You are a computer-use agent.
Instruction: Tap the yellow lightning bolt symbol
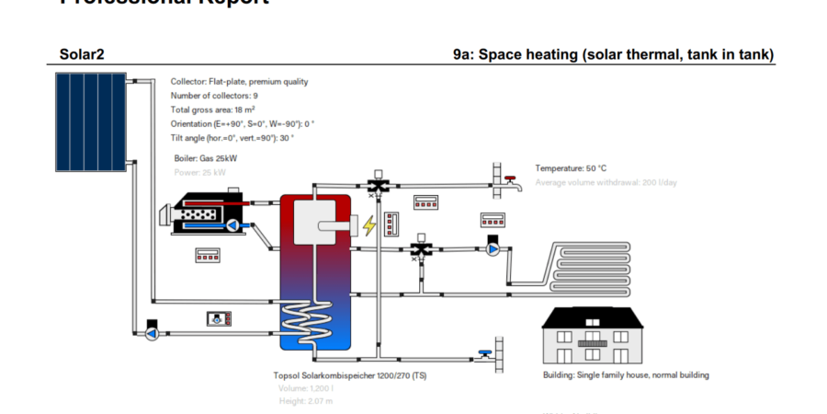(x=369, y=225)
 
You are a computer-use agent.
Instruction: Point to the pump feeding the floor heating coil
(x=493, y=247)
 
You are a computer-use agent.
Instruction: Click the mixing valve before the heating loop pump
(x=421, y=248)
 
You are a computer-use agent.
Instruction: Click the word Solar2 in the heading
(x=82, y=55)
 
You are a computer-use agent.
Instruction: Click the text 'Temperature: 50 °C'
(x=571, y=168)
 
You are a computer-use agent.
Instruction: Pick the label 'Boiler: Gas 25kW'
(x=206, y=159)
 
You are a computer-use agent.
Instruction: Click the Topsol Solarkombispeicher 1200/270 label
(x=349, y=375)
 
